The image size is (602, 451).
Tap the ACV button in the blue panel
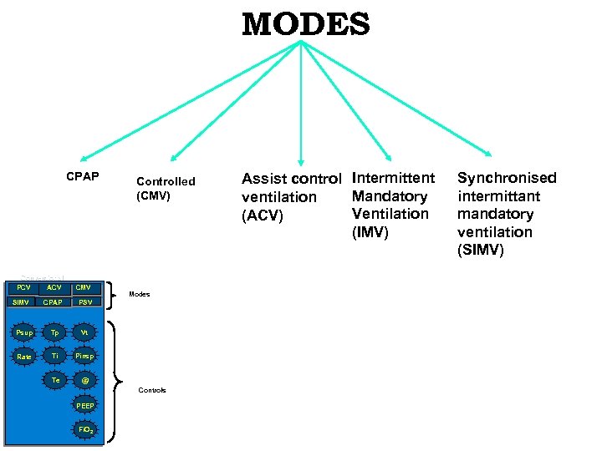pyautogui.click(x=54, y=288)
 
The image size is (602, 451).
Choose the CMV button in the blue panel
pyautogui.click(x=84, y=288)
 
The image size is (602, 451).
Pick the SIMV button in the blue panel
pyautogui.click(x=23, y=302)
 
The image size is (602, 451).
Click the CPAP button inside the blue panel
pyautogui.click(x=54, y=302)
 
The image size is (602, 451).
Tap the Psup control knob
pyautogui.click(x=24, y=333)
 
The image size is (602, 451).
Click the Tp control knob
pyautogui.click(x=54, y=332)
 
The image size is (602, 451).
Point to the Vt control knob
pyautogui.click(x=84, y=332)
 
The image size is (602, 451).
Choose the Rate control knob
pyautogui.click(x=24, y=357)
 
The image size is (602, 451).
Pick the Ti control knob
pyautogui.click(x=54, y=356)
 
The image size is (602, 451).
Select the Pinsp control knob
pyautogui.click(x=84, y=357)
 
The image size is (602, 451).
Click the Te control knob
pyautogui.click(x=54, y=380)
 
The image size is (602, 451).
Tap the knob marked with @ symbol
pyautogui.click(x=84, y=381)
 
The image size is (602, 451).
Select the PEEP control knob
pyautogui.click(x=84, y=405)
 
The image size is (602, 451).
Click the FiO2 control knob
pyautogui.click(x=84, y=429)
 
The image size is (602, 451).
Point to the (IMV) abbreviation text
pyautogui.click(x=370, y=232)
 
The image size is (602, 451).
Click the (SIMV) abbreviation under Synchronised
pyautogui.click(x=481, y=251)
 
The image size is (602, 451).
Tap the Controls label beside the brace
pyautogui.click(x=152, y=390)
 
